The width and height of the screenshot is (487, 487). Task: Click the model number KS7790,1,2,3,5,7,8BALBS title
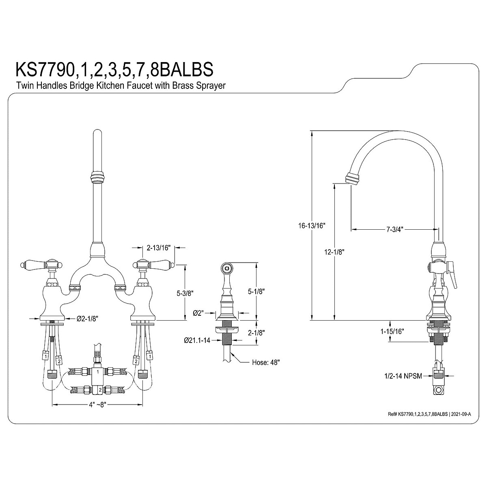(x=114, y=69)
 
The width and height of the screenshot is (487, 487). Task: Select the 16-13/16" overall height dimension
(x=311, y=226)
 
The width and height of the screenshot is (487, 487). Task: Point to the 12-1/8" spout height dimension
(x=334, y=252)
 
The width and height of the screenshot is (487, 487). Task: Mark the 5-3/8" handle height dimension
(x=185, y=293)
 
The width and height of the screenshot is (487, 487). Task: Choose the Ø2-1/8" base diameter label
(x=87, y=319)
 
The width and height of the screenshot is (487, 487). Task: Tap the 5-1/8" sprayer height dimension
(x=256, y=292)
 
